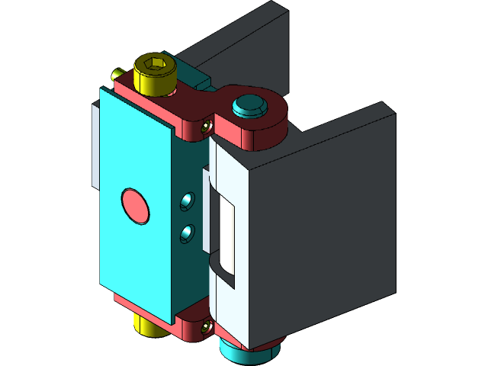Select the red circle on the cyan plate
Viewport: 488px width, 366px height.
tap(136, 206)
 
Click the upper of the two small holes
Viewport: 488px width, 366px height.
tap(185, 201)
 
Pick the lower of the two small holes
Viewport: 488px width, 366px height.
tap(185, 233)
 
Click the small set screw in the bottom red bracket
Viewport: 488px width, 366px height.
tap(206, 328)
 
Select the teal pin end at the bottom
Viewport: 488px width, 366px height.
tap(242, 352)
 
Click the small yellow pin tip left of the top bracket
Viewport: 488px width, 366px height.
tap(117, 74)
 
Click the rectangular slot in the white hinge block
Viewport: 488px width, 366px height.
tap(227, 226)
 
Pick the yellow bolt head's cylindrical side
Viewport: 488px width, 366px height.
tap(154, 82)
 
